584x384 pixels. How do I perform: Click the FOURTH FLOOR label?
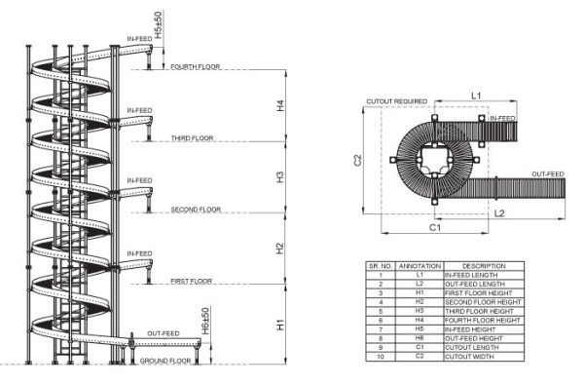point(195,67)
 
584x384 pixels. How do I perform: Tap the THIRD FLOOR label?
point(193,138)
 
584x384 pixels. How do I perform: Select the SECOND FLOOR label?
point(196,210)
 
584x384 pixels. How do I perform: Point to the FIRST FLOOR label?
point(191,281)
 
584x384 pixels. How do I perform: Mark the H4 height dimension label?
point(280,104)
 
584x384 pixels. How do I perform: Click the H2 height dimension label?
point(280,247)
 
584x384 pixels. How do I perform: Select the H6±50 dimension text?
point(203,322)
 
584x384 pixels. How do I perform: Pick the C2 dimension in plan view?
point(358,159)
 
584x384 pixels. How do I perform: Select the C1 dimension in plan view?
point(435,227)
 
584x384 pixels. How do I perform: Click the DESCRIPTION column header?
point(483,265)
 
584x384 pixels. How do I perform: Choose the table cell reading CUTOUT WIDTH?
point(483,356)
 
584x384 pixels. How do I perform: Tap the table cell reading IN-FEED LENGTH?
point(483,275)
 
